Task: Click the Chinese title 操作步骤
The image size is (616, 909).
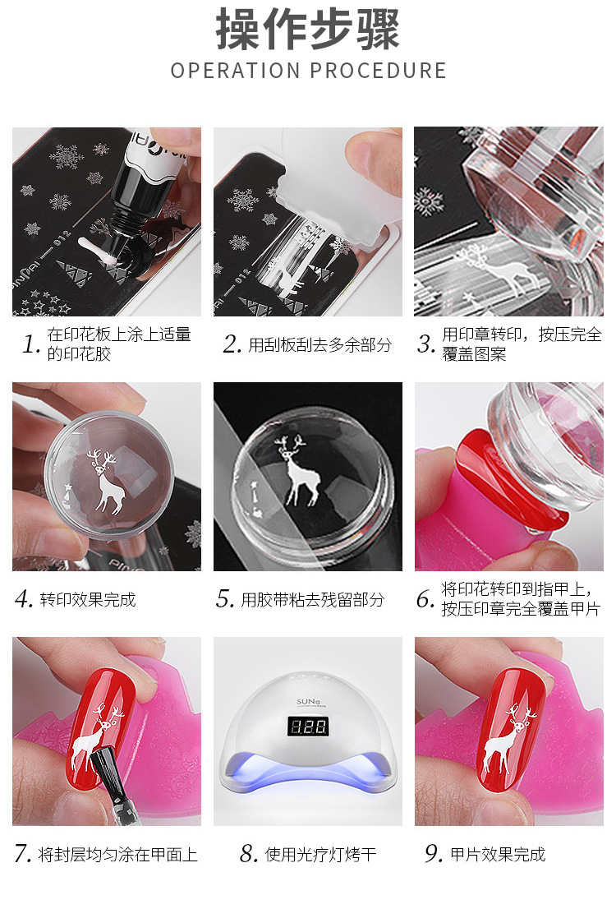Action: point(308,30)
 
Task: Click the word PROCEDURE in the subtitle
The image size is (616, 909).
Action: point(379,71)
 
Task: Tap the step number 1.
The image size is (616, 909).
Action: point(30,344)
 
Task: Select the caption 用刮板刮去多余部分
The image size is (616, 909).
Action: point(319,345)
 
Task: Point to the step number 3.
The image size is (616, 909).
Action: point(426,344)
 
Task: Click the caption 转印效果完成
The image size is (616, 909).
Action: point(88,599)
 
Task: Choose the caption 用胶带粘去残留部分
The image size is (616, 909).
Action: point(312,599)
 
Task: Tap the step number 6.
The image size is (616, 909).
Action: point(425,599)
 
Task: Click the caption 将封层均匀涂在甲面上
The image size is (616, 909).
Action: point(117,855)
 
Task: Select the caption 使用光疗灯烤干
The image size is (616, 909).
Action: point(320,855)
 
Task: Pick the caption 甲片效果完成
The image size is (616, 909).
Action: point(498,855)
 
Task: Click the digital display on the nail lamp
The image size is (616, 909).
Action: point(308,727)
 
